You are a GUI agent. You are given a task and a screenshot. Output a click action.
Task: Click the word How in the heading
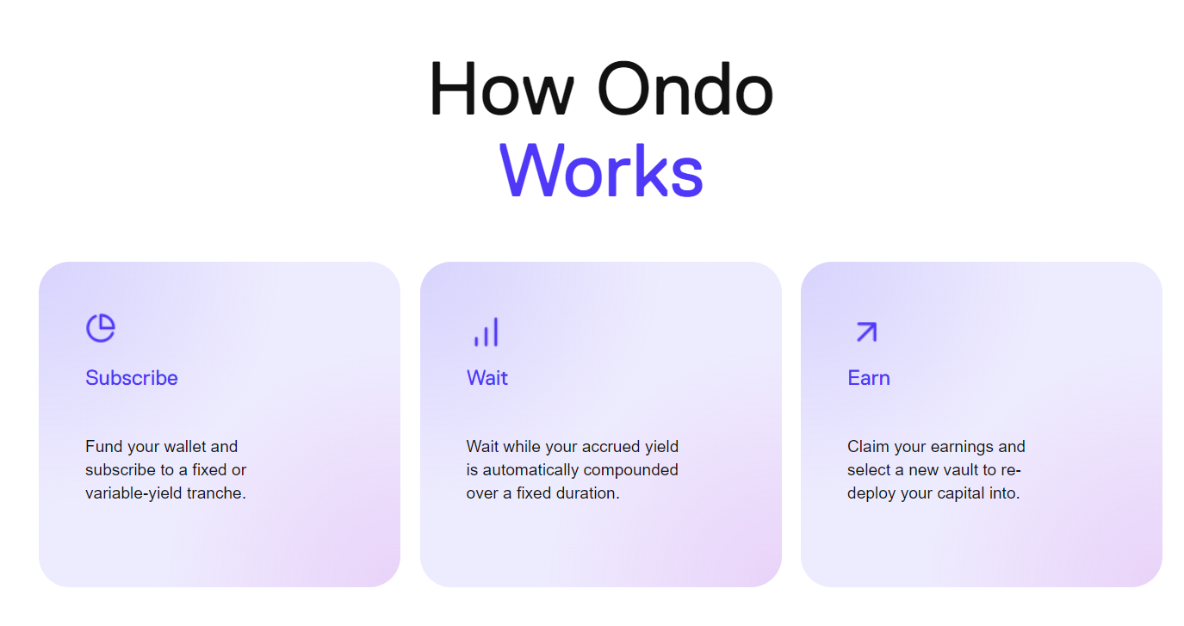(x=502, y=89)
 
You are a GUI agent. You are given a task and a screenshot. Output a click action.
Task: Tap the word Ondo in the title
(x=685, y=89)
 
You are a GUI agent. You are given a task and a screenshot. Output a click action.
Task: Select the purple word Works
(x=601, y=170)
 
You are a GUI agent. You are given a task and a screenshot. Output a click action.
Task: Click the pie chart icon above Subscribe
(x=101, y=328)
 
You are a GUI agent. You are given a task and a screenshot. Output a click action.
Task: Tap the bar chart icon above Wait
(x=487, y=332)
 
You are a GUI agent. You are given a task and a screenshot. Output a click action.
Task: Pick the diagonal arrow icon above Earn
(x=867, y=332)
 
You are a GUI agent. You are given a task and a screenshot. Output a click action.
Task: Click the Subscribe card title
(x=132, y=378)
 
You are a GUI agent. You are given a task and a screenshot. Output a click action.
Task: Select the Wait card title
(x=487, y=378)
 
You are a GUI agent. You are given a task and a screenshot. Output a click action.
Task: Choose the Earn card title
(x=869, y=378)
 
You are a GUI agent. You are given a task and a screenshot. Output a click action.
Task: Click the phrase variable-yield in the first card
(x=133, y=493)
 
